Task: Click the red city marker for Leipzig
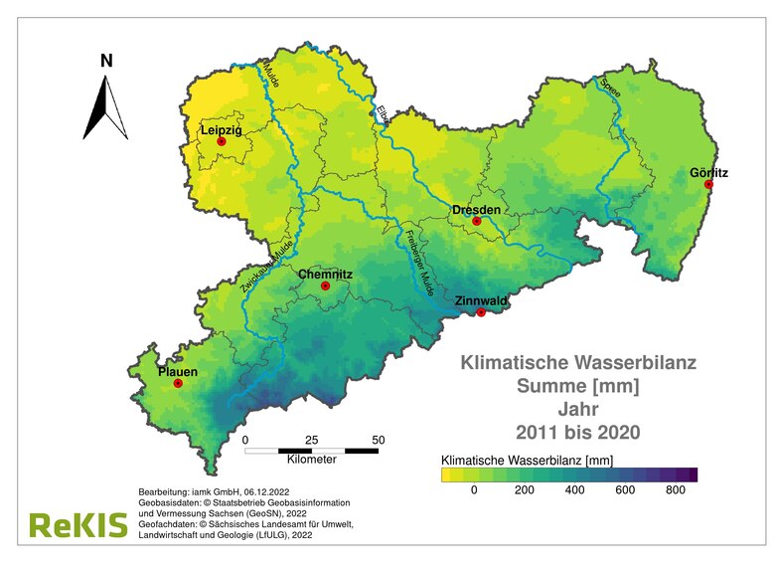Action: [x=222, y=142]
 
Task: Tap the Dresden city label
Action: [x=476, y=210]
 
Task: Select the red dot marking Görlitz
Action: [x=708, y=185]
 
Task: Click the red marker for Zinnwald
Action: [x=481, y=312]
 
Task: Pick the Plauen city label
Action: [x=178, y=372]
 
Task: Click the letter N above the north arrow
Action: [x=106, y=61]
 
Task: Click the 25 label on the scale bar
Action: [x=311, y=439]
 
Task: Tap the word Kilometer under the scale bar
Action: [x=311, y=460]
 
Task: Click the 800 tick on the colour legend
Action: [x=675, y=490]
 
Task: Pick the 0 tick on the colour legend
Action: [x=474, y=490]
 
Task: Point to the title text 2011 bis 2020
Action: [x=578, y=432]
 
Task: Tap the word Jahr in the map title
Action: [x=578, y=408]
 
